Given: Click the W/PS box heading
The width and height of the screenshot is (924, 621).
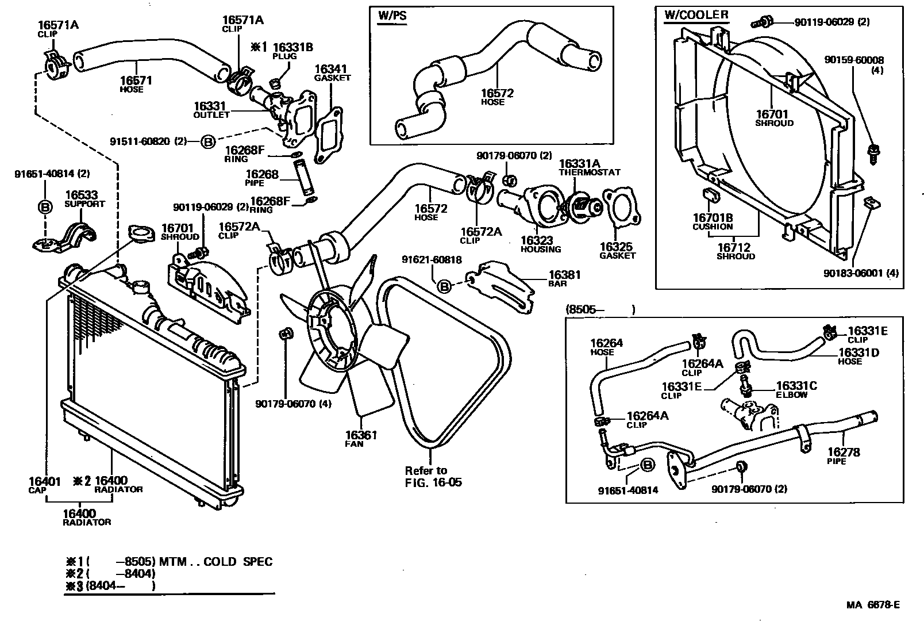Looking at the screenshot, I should [x=392, y=16].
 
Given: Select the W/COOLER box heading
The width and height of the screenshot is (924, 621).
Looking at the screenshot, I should [x=696, y=15].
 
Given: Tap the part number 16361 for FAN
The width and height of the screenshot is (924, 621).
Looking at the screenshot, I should [x=361, y=435].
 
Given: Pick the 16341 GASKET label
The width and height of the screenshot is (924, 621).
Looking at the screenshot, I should [x=332, y=72].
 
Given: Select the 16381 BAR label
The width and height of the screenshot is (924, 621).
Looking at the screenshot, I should [x=564, y=278].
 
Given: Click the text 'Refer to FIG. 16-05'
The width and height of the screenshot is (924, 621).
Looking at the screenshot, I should [x=433, y=476].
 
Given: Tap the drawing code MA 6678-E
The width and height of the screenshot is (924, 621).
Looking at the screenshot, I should [x=872, y=604].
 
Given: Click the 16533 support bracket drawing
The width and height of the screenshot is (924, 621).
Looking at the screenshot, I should [x=64, y=236].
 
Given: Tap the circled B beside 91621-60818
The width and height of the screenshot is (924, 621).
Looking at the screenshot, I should [x=444, y=285].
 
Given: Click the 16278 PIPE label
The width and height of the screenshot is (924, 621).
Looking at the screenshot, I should [x=843, y=455].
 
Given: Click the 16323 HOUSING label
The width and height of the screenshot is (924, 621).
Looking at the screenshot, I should [x=540, y=244].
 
